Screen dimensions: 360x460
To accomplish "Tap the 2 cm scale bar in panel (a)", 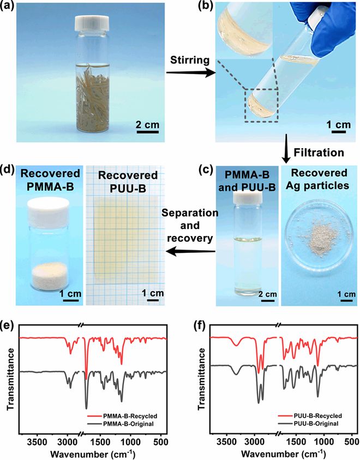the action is pyautogui.click(x=148, y=132).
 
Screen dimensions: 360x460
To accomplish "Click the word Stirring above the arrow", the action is pyautogui.click(x=190, y=60).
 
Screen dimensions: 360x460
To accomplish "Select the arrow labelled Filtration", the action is pyautogui.click(x=286, y=149).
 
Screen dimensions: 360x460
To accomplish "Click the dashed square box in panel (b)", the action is pyautogui.click(x=261, y=105).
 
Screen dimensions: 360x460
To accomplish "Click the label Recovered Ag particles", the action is pyautogui.click(x=319, y=179).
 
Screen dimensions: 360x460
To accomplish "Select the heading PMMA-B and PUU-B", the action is pyautogui.click(x=247, y=181).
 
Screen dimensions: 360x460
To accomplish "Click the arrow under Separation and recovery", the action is pyautogui.click(x=190, y=251).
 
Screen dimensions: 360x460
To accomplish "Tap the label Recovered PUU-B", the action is pyautogui.click(x=128, y=181).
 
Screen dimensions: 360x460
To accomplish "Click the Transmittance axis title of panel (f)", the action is pyautogui.click(x=201, y=379).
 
